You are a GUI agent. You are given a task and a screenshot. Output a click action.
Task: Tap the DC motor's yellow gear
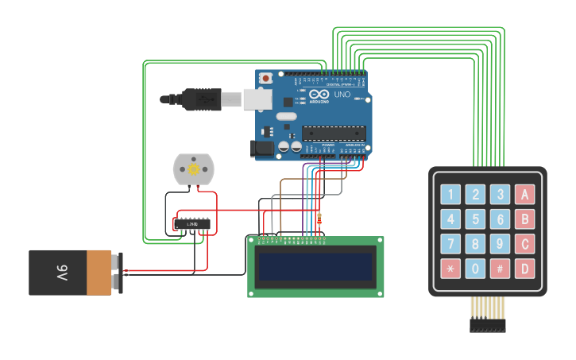coord(192,170)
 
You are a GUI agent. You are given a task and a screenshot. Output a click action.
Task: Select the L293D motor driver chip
coord(192,225)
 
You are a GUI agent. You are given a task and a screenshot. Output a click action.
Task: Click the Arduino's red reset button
coord(265,78)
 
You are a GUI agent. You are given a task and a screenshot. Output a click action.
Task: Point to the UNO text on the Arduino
coord(342,95)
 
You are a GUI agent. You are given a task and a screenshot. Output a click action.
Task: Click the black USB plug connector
coord(199,100)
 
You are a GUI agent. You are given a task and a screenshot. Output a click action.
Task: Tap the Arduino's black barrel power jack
coord(261,148)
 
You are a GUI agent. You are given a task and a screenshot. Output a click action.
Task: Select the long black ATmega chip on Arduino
coord(334,133)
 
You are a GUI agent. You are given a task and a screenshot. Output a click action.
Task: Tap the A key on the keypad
coord(524,194)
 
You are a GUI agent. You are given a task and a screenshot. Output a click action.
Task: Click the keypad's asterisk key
coord(451,269)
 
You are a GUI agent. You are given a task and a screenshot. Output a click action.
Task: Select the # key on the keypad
coord(500,269)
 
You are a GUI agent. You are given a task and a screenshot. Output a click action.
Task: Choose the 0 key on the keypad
coord(475,269)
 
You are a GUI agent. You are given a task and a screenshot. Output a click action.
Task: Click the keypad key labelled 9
coord(500,244)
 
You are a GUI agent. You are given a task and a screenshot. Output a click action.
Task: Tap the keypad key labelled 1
coord(451,194)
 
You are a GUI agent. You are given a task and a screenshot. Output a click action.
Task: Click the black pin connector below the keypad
coord(487,325)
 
